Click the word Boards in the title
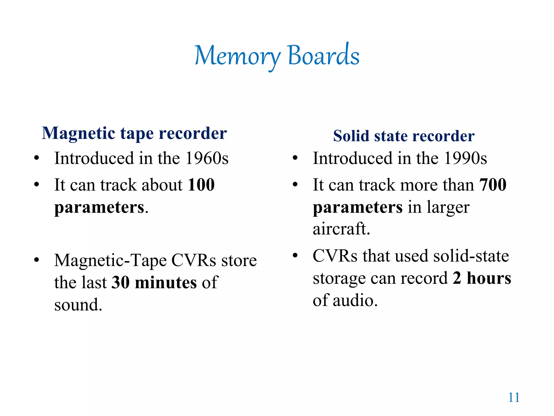tap(324, 55)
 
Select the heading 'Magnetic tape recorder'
tap(134, 133)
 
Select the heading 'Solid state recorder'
tap(404, 136)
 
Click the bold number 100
tap(201, 185)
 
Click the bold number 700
tap(493, 185)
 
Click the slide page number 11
tap(514, 398)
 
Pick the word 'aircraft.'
tap(341, 229)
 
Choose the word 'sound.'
tap(78, 305)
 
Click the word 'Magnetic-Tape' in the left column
tap(110, 261)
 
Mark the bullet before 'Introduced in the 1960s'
tap(37, 158)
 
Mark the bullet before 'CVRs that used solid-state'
tap(295, 255)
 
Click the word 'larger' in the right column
tap(448, 208)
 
